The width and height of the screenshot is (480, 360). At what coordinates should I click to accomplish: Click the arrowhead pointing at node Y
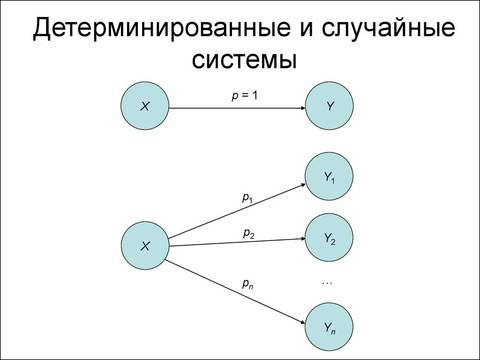pyautogui.click(x=302, y=108)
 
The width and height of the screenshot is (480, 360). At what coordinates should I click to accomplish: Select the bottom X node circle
pyautogui.click(x=145, y=246)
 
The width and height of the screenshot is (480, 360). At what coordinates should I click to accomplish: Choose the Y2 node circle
pyautogui.click(x=329, y=238)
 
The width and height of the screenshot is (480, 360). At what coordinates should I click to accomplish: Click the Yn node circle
pyautogui.click(x=329, y=327)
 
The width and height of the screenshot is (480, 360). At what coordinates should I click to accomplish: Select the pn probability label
pyautogui.click(x=247, y=283)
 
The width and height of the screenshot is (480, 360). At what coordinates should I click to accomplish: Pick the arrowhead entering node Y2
pyautogui.click(x=302, y=240)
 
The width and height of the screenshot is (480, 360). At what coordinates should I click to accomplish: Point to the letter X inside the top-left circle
pyautogui.click(x=145, y=107)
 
